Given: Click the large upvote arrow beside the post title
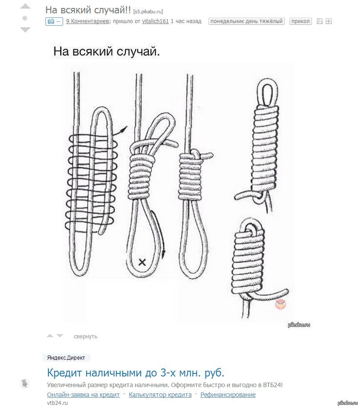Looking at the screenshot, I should pos(25,7).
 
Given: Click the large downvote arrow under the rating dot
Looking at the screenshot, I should pos(25,30).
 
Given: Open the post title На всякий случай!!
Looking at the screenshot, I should pos(88,9).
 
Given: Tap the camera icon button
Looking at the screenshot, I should pos(54,21).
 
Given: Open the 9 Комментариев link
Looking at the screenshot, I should pos(88,21).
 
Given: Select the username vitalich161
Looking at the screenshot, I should pos(155,21).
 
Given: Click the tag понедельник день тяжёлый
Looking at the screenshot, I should pos(246,21).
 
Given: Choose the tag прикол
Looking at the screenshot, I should pos(300,21).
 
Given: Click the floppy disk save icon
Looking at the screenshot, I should pos(320,21).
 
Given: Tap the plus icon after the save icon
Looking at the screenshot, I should pos(329,21).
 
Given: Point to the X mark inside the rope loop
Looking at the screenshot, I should pos(142,262).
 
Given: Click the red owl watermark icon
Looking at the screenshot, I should pos(280,304).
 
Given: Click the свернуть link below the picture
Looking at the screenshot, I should pos(85,337).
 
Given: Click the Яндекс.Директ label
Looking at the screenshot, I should pos(66,358).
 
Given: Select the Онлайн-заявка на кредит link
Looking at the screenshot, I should pos(83,395).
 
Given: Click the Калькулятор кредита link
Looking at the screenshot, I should pos(160,395).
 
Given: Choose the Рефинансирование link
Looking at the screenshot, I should pos(228,395).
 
